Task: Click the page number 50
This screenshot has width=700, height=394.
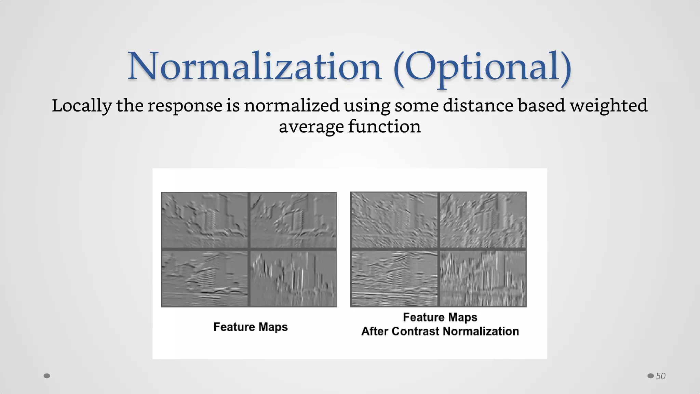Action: pyautogui.click(x=660, y=376)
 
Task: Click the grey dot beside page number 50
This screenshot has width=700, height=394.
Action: pyautogui.click(x=650, y=376)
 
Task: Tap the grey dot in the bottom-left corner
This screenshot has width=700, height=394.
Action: pyautogui.click(x=47, y=376)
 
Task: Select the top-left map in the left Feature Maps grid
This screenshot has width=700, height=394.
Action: pyautogui.click(x=205, y=220)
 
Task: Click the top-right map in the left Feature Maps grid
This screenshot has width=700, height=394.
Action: pyautogui.click(x=293, y=220)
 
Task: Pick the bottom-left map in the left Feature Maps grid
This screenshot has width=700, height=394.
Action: pyautogui.click(x=205, y=279)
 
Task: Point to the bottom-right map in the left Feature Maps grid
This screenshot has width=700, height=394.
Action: pyautogui.click(x=293, y=279)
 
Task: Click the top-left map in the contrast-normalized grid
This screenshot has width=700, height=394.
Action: pyautogui.click(x=394, y=220)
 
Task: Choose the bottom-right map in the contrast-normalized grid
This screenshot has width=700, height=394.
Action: pyautogui.click(x=483, y=279)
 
